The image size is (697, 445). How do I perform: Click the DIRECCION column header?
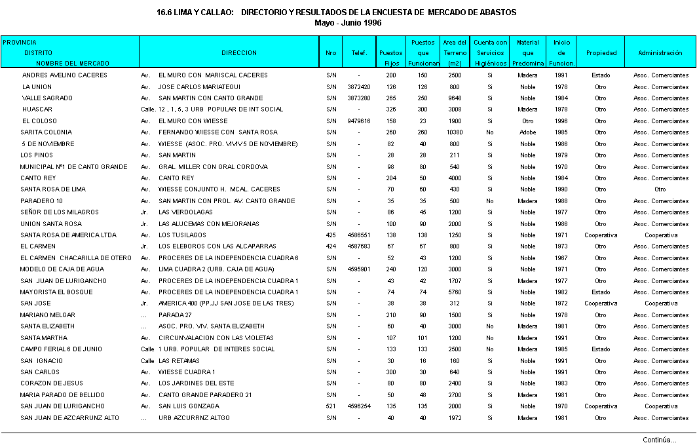click(x=238, y=53)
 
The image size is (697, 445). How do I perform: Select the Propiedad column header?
click(x=601, y=53)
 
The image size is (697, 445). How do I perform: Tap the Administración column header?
click(x=660, y=53)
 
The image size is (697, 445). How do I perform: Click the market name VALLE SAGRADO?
click(x=47, y=98)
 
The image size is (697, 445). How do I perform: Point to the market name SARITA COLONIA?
click(x=46, y=132)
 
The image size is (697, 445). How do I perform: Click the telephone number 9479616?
click(x=358, y=121)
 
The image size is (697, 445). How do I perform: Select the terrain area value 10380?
click(x=455, y=132)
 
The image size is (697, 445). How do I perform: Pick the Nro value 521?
click(x=331, y=406)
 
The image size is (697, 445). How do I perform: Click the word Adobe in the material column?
click(x=527, y=132)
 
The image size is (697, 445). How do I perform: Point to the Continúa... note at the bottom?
click(x=659, y=440)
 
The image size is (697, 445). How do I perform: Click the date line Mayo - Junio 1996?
click(x=348, y=22)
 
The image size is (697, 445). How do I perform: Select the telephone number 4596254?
click(x=358, y=406)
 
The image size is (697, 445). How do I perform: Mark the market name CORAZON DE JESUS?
click(x=52, y=383)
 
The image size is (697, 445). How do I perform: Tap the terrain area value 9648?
click(x=455, y=98)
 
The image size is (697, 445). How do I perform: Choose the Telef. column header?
click(x=358, y=53)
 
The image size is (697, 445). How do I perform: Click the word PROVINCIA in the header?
click(x=20, y=43)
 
